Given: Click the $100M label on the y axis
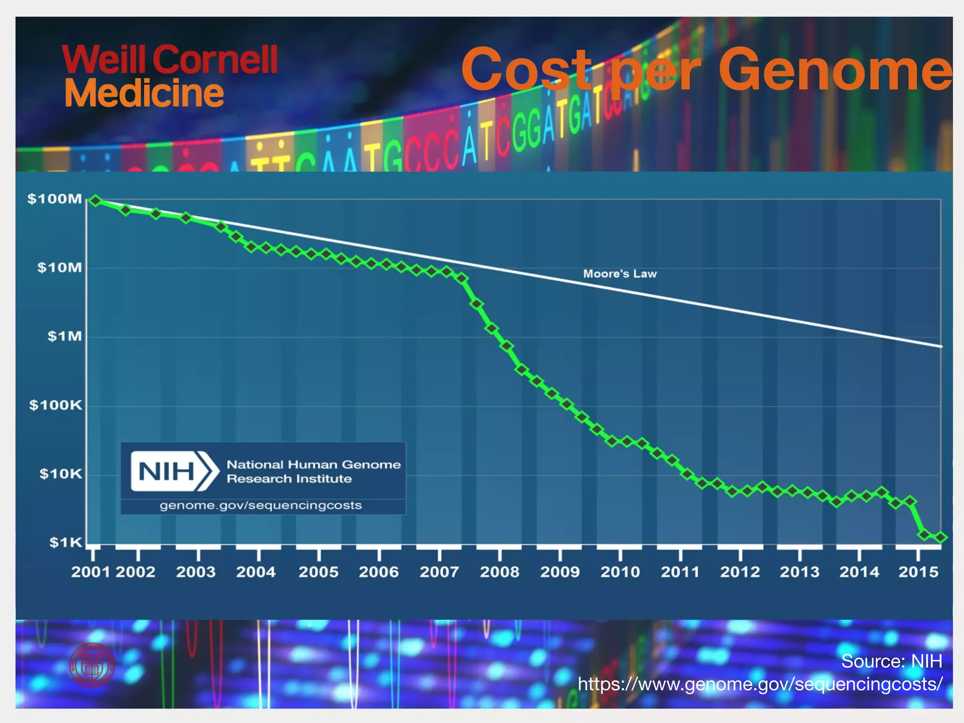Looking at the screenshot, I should pyautogui.click(x=55, y=199).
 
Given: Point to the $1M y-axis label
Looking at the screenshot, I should pyautogui.click(x=64, y=336).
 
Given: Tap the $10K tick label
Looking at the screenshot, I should pyautogui.click(x=60, y=474).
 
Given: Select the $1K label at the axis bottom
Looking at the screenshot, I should pyautogui.click(x=65, y=542).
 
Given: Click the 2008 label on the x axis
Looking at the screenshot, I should pyautogui.click(x=499, y=572).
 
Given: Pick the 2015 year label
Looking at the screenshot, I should pyautogui.click(x=918, y=572).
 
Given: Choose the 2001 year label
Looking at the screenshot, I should pyautogui.click(x=90, y=572).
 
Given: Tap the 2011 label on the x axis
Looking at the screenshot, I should pyautogui.click(x=680, y=572).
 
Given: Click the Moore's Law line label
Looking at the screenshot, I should pyautogui.click(x=619, y=273).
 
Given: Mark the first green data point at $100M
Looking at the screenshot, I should pyautogui.click(x=96, y=201).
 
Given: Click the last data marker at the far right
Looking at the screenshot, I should pyautogui.click(x=941, y=537).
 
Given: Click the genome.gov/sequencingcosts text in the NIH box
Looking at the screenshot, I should pyautogui.click(x=260, y=506).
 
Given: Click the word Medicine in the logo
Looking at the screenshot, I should pyautogui.click(x=144, y=93).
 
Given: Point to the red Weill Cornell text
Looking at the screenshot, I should pyautogui.click(x=169, y=59).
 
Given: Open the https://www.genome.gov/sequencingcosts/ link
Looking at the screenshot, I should pyautogui.click(x=760, y=683).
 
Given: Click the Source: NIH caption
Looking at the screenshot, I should pyautogui.click(x=891, y=661).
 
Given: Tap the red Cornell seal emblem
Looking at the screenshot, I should pyautogui.click(x=92, y=666).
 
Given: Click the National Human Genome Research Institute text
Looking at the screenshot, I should pyautogui.click(x=313, y=471).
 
